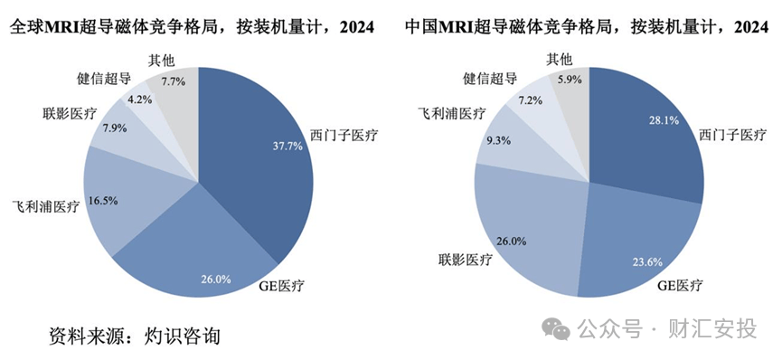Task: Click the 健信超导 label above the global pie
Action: pyautogui.click(x=105, y=79)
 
